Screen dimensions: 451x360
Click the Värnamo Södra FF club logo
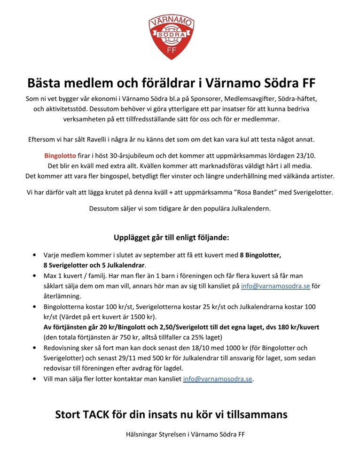click(171, 38)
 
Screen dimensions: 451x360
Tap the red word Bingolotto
click(60, 155)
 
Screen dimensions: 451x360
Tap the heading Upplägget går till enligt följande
click(172, 238)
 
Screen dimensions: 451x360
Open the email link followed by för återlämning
click(275, 286)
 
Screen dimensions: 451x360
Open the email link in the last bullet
click(218, 379)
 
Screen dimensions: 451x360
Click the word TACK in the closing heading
click(99, 415)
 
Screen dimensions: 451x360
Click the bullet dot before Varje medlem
click(35, 255)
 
